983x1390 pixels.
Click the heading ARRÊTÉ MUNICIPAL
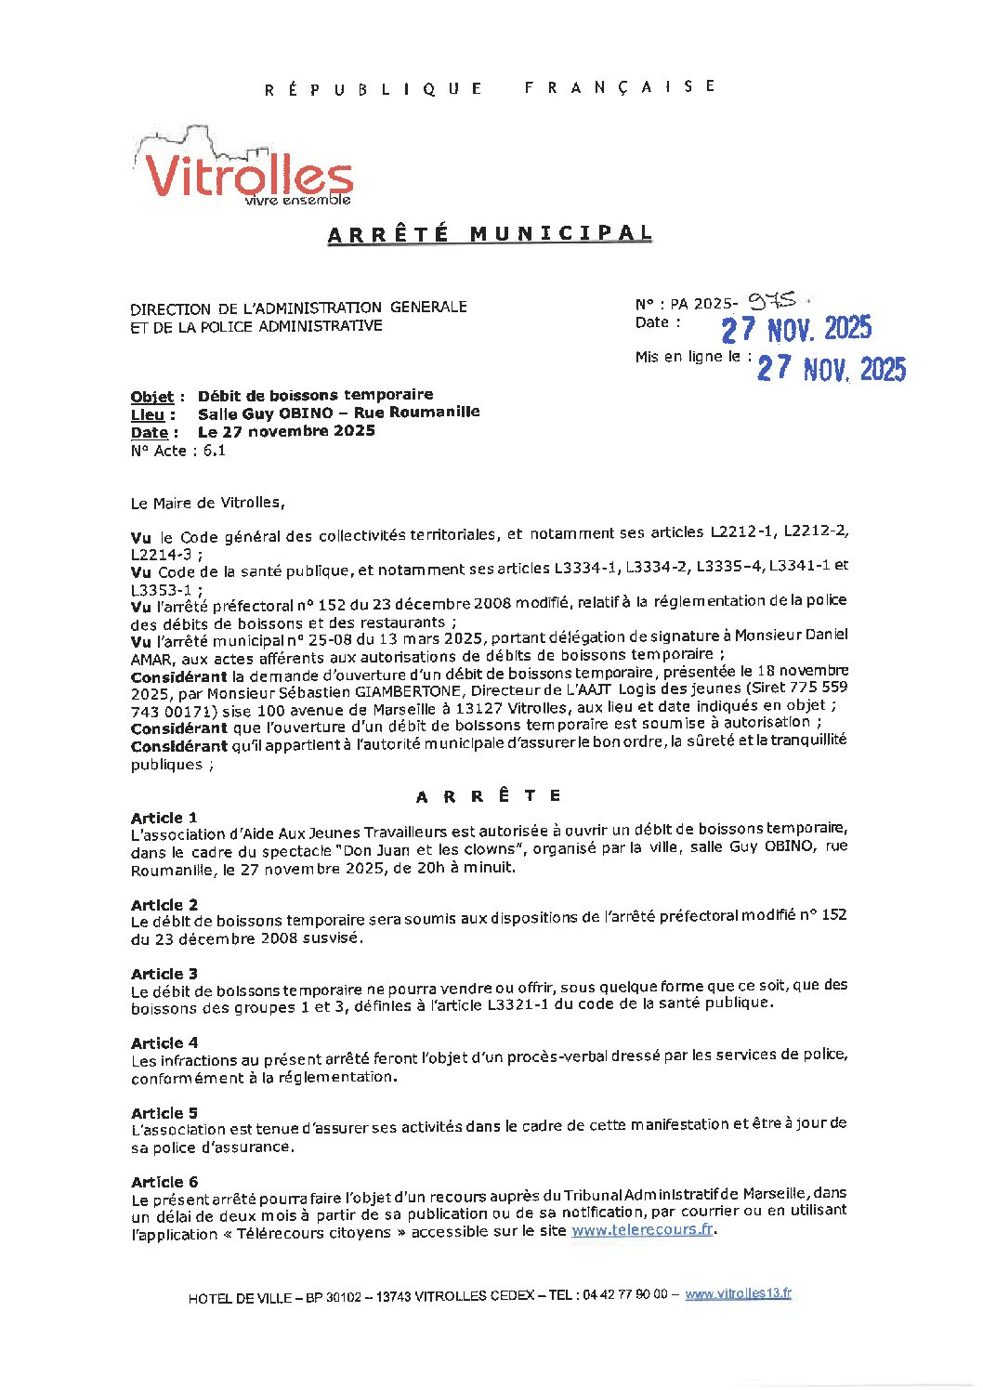[x=490, y=234]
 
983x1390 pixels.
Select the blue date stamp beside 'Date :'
[x=796, y=329]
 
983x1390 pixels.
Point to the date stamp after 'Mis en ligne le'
[x=831, y=369]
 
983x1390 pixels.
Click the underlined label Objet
[x=152, y=397]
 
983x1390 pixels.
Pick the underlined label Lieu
[x=148, y=414]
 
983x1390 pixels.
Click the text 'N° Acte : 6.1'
[x=178, y=451]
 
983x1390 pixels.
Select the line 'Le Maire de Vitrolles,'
[x=208, y=503]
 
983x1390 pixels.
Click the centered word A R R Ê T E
[x=489, y=796]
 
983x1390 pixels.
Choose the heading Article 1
[x=164, y=818]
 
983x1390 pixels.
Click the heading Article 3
[x=164, y=974]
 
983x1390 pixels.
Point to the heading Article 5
[x=164, y=1113]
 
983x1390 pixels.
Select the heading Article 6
[x=164, y=1182]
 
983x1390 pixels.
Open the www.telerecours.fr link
[x=642, y=1229]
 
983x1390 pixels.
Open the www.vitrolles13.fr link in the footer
[x=738, y=1293]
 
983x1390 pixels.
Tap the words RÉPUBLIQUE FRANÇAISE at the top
[x=490, y=87]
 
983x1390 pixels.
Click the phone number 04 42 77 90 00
[x=624, y=1295]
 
